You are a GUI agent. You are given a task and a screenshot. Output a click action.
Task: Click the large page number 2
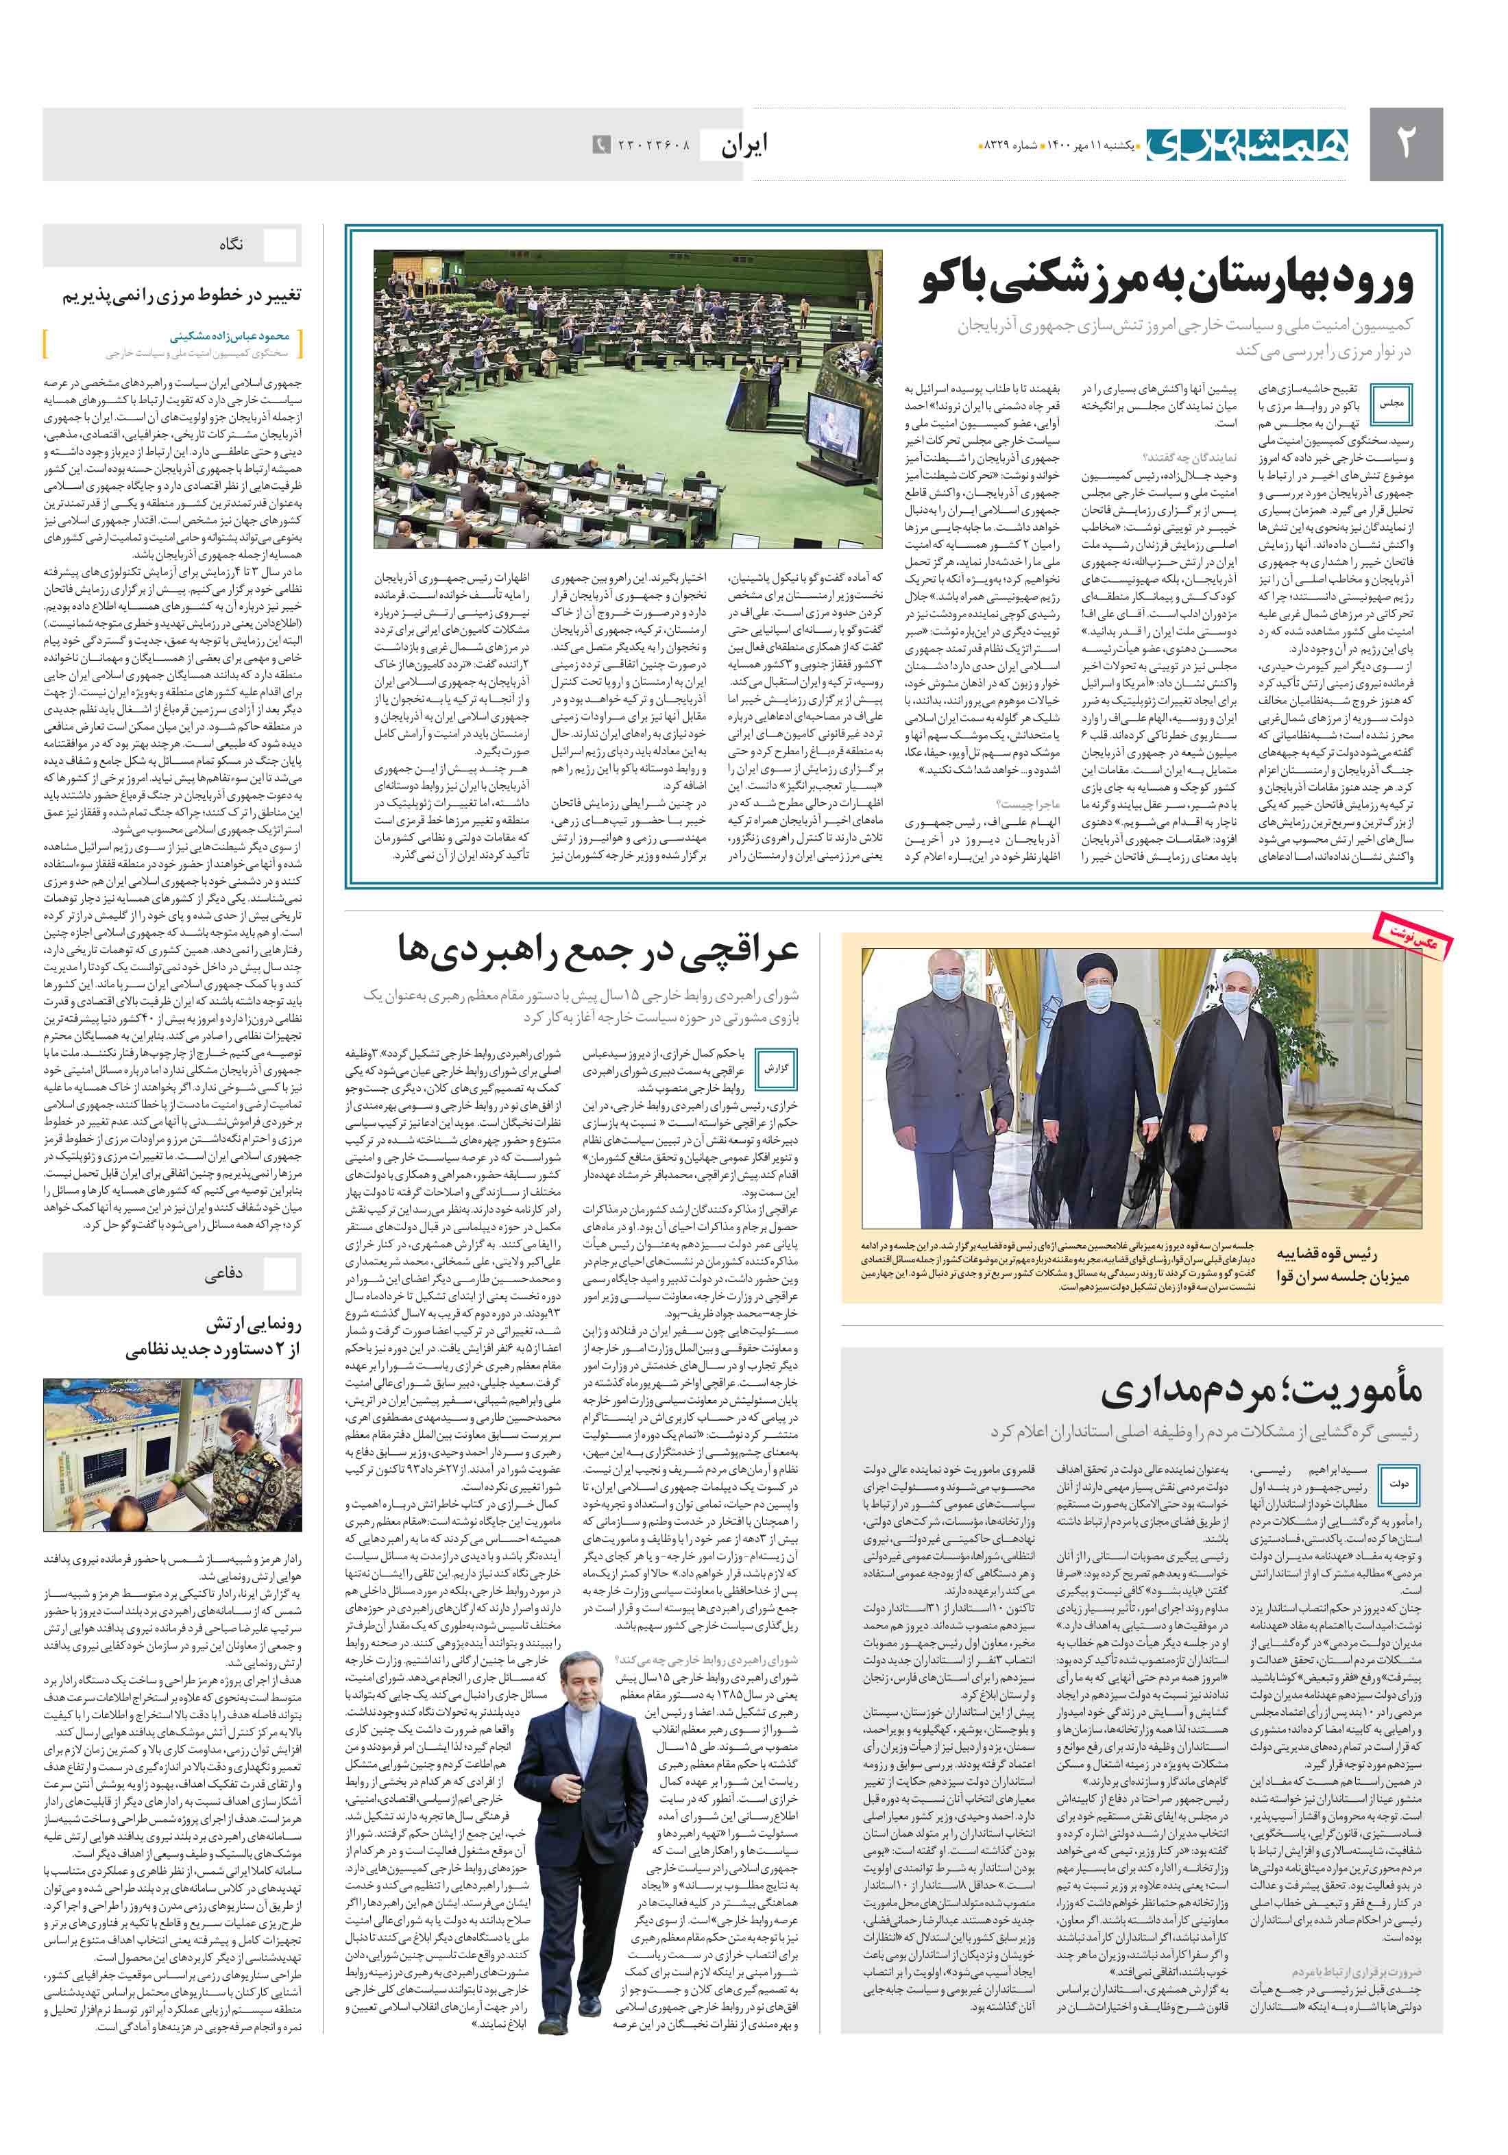(x=1404, y=143)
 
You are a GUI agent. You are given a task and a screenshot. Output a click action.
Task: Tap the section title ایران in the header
(x=744, y=145)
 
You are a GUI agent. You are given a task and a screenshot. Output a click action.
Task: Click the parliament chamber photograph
(x=628, y=399)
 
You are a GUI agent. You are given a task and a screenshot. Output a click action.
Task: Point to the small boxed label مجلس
(x=1391, y=402)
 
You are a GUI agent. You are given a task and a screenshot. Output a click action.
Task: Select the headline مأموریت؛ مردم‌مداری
(x=1261, y=1390)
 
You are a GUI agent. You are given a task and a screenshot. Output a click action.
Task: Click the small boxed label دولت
(x=1398, y=1483)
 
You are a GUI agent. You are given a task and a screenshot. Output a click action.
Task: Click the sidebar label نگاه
(x=231, y=244)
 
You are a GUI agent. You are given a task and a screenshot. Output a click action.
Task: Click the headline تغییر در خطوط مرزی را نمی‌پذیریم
(x=182, y=296)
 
